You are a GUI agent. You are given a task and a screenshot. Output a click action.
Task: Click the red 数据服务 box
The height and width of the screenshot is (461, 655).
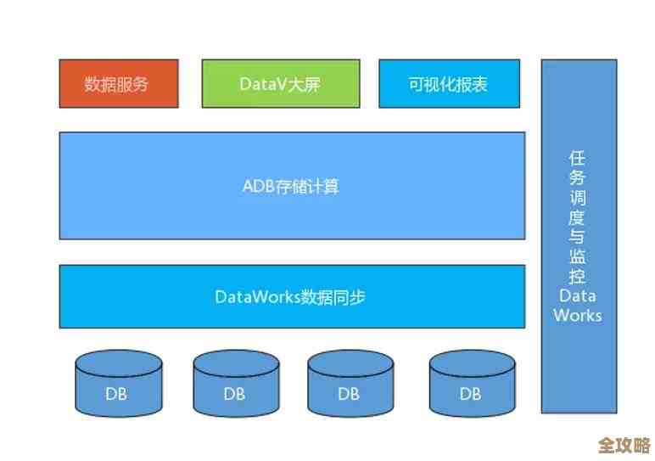click(x=118, y=83)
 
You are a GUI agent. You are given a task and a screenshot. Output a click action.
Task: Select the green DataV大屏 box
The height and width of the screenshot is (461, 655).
click(x=279, y=83)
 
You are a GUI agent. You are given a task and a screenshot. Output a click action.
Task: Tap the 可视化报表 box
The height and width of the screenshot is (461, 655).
click(x=448, y=83)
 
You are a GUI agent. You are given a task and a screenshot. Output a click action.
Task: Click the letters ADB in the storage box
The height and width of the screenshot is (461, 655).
click(x=258, y=186)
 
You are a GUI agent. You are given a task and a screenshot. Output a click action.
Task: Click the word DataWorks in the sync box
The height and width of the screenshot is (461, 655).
click(x=252, y=297)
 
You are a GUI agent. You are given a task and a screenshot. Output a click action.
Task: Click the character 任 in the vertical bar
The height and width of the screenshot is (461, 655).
click(x=578, y=159)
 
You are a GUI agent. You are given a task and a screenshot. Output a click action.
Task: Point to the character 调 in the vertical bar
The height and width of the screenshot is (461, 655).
click(x=578, y=198)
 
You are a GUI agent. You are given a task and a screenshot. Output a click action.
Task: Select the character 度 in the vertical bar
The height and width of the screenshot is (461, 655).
click(x=578, y=217)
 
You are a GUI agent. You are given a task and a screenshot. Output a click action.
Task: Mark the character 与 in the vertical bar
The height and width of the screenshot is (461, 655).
click(x=578, y=237)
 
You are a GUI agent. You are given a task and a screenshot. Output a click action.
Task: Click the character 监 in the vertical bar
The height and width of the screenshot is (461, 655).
click(x=578, y=256)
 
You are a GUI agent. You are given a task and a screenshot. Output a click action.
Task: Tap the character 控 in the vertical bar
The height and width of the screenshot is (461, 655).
click(x=578, y=276)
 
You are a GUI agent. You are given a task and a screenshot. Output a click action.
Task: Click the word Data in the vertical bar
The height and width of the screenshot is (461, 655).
click(x=578, y=295)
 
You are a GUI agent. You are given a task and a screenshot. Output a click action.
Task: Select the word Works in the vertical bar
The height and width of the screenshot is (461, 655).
click(x=578, y=315)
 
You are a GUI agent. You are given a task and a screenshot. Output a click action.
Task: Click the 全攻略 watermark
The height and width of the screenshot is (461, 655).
click(x=624, y=445)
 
